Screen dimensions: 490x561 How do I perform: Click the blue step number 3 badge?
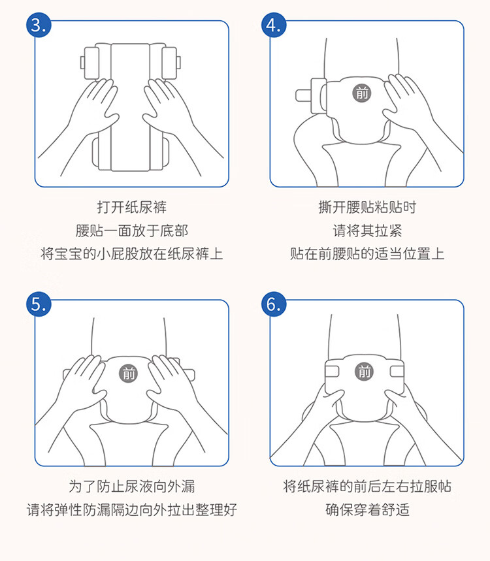tap(39, 25)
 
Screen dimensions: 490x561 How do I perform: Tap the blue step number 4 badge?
tap(274, 25)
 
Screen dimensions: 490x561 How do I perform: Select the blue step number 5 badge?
tap(39, 304)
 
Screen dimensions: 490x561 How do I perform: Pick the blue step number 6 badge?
tap(274, 304)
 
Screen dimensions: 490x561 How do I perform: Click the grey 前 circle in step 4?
tap(362, 93)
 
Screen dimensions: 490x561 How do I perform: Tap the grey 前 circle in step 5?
tap(129, 374)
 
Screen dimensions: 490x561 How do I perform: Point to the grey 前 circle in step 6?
tap(364, 372)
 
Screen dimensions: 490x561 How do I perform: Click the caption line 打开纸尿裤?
tap(132, 207)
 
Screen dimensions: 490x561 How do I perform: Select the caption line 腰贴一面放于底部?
tap(132, 231)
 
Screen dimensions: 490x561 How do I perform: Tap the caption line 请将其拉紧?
tap(367, 231)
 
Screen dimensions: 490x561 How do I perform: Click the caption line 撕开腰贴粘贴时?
tap(367, 207)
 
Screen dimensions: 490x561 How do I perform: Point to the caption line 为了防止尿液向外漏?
tap(132, 487)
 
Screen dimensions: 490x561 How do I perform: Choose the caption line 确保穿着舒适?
tap(367, 509)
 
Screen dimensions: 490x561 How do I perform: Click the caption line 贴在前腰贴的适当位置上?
tap(367, 254)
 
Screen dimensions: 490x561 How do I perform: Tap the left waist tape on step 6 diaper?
tap(333, 372)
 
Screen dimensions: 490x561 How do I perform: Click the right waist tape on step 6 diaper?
tap(397, 372)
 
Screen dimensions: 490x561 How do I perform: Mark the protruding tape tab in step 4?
tap(304, 95)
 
